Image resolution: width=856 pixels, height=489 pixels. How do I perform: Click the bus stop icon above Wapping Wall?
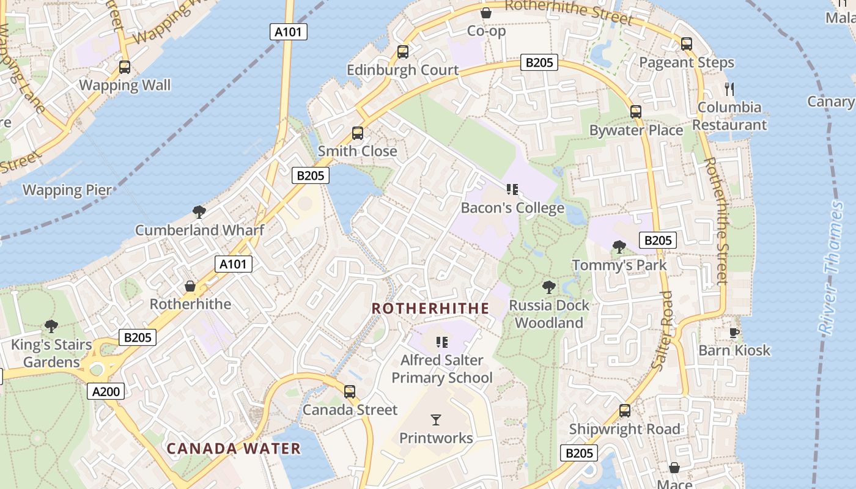click(x=125, y=67)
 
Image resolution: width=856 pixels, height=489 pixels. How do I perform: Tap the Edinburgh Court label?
click(x=402, y=70)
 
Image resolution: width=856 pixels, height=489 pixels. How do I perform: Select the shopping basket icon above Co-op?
click(x=486, y=12)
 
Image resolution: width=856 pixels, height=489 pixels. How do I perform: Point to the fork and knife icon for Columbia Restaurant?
click(x=729, y=89)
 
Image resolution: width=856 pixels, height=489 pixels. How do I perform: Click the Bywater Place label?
click(x=636, y=130)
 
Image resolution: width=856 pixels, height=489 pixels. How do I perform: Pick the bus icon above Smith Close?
click(x=358, y=133)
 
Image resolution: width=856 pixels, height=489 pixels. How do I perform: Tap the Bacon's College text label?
click(x=512, y=208)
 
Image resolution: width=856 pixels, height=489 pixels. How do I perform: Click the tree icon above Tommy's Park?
click(x=619, y=247)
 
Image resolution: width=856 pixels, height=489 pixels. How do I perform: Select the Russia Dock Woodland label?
click(x=549, y=314)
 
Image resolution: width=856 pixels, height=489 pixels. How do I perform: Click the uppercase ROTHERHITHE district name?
click(x=430, y=308)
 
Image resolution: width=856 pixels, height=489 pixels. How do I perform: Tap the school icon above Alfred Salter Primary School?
click(x=442, y=342)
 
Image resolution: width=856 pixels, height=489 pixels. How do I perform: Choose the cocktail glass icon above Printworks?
click(x=436, y=419)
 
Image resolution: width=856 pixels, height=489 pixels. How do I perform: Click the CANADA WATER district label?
click(x=234, y=449)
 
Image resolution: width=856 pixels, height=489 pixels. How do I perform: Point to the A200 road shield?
click(x=106, y=391)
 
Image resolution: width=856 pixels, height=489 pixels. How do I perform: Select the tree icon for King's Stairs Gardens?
click(x=51, y=326)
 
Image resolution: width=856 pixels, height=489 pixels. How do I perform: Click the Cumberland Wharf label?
click(x=199, y=230)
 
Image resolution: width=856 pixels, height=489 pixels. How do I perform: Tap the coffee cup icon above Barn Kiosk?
click(x=734, y=333)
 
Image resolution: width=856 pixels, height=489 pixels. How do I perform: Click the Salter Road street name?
click(x=662, y=330)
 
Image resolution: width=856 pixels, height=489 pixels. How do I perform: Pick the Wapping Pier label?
click(x=67, y=189)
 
